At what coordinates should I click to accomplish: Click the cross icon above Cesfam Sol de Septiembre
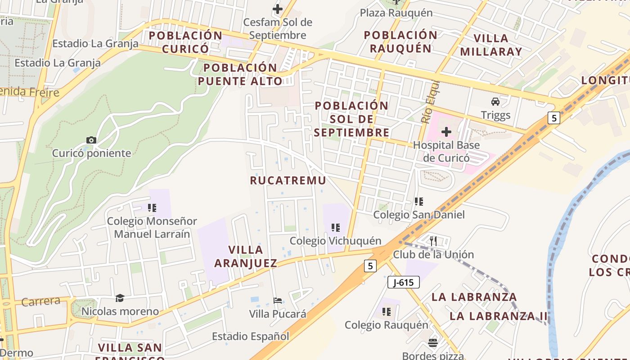pos(278,9)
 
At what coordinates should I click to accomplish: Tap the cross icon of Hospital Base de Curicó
pos(446,132)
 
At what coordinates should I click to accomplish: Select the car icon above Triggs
pos(495,101)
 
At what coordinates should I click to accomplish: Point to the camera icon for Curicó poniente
pos(91,140)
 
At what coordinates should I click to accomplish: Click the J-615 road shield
pos(403,282)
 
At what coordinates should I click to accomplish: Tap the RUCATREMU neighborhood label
pos(288,180)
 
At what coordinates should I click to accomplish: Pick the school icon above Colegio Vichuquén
pos(335,228)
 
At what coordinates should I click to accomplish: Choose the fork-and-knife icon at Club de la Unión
pos(433,241)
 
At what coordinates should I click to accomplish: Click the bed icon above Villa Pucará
pos(278,300)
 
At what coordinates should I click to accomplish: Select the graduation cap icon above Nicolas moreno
pos(120,298)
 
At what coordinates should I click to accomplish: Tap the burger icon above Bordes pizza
pos(433,343)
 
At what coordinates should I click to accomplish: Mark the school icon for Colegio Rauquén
pos(386,311)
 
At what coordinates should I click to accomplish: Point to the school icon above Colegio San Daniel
pos(419,201)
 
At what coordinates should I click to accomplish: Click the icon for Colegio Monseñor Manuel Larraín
pos(152,207)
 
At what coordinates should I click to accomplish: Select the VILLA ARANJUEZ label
pos(246,256)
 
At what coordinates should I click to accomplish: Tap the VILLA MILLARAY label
pos(491,45)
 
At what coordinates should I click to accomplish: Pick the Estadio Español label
pos(251,336)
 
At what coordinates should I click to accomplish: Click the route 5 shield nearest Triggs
pos(553,118)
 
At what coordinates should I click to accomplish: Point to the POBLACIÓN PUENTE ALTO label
pos(243,74)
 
